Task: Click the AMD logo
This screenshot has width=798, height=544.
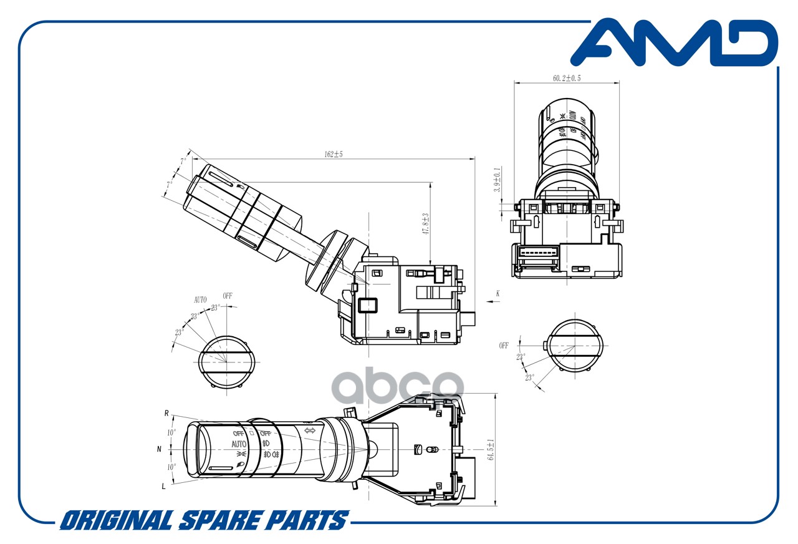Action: pos(675,42)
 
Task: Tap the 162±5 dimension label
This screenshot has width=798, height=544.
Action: pos(334,154)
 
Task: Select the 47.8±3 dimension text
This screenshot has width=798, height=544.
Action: pos(425,223)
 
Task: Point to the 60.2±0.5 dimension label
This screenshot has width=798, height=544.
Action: pos(567,79)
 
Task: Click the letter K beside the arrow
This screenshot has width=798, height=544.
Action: pos(498,293)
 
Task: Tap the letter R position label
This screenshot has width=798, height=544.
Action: pos(166,413)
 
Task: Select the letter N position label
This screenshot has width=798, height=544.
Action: pos(160,449)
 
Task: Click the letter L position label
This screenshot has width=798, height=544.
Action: pos(164,486)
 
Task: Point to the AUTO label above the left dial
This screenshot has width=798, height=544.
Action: pos(199,300)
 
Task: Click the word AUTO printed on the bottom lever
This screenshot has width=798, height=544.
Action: pos(239,444)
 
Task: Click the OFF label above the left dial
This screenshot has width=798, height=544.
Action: pos(227,296)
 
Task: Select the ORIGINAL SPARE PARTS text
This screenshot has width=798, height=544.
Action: pos(204,520)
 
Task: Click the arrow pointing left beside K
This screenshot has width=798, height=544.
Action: pos(490,301)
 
